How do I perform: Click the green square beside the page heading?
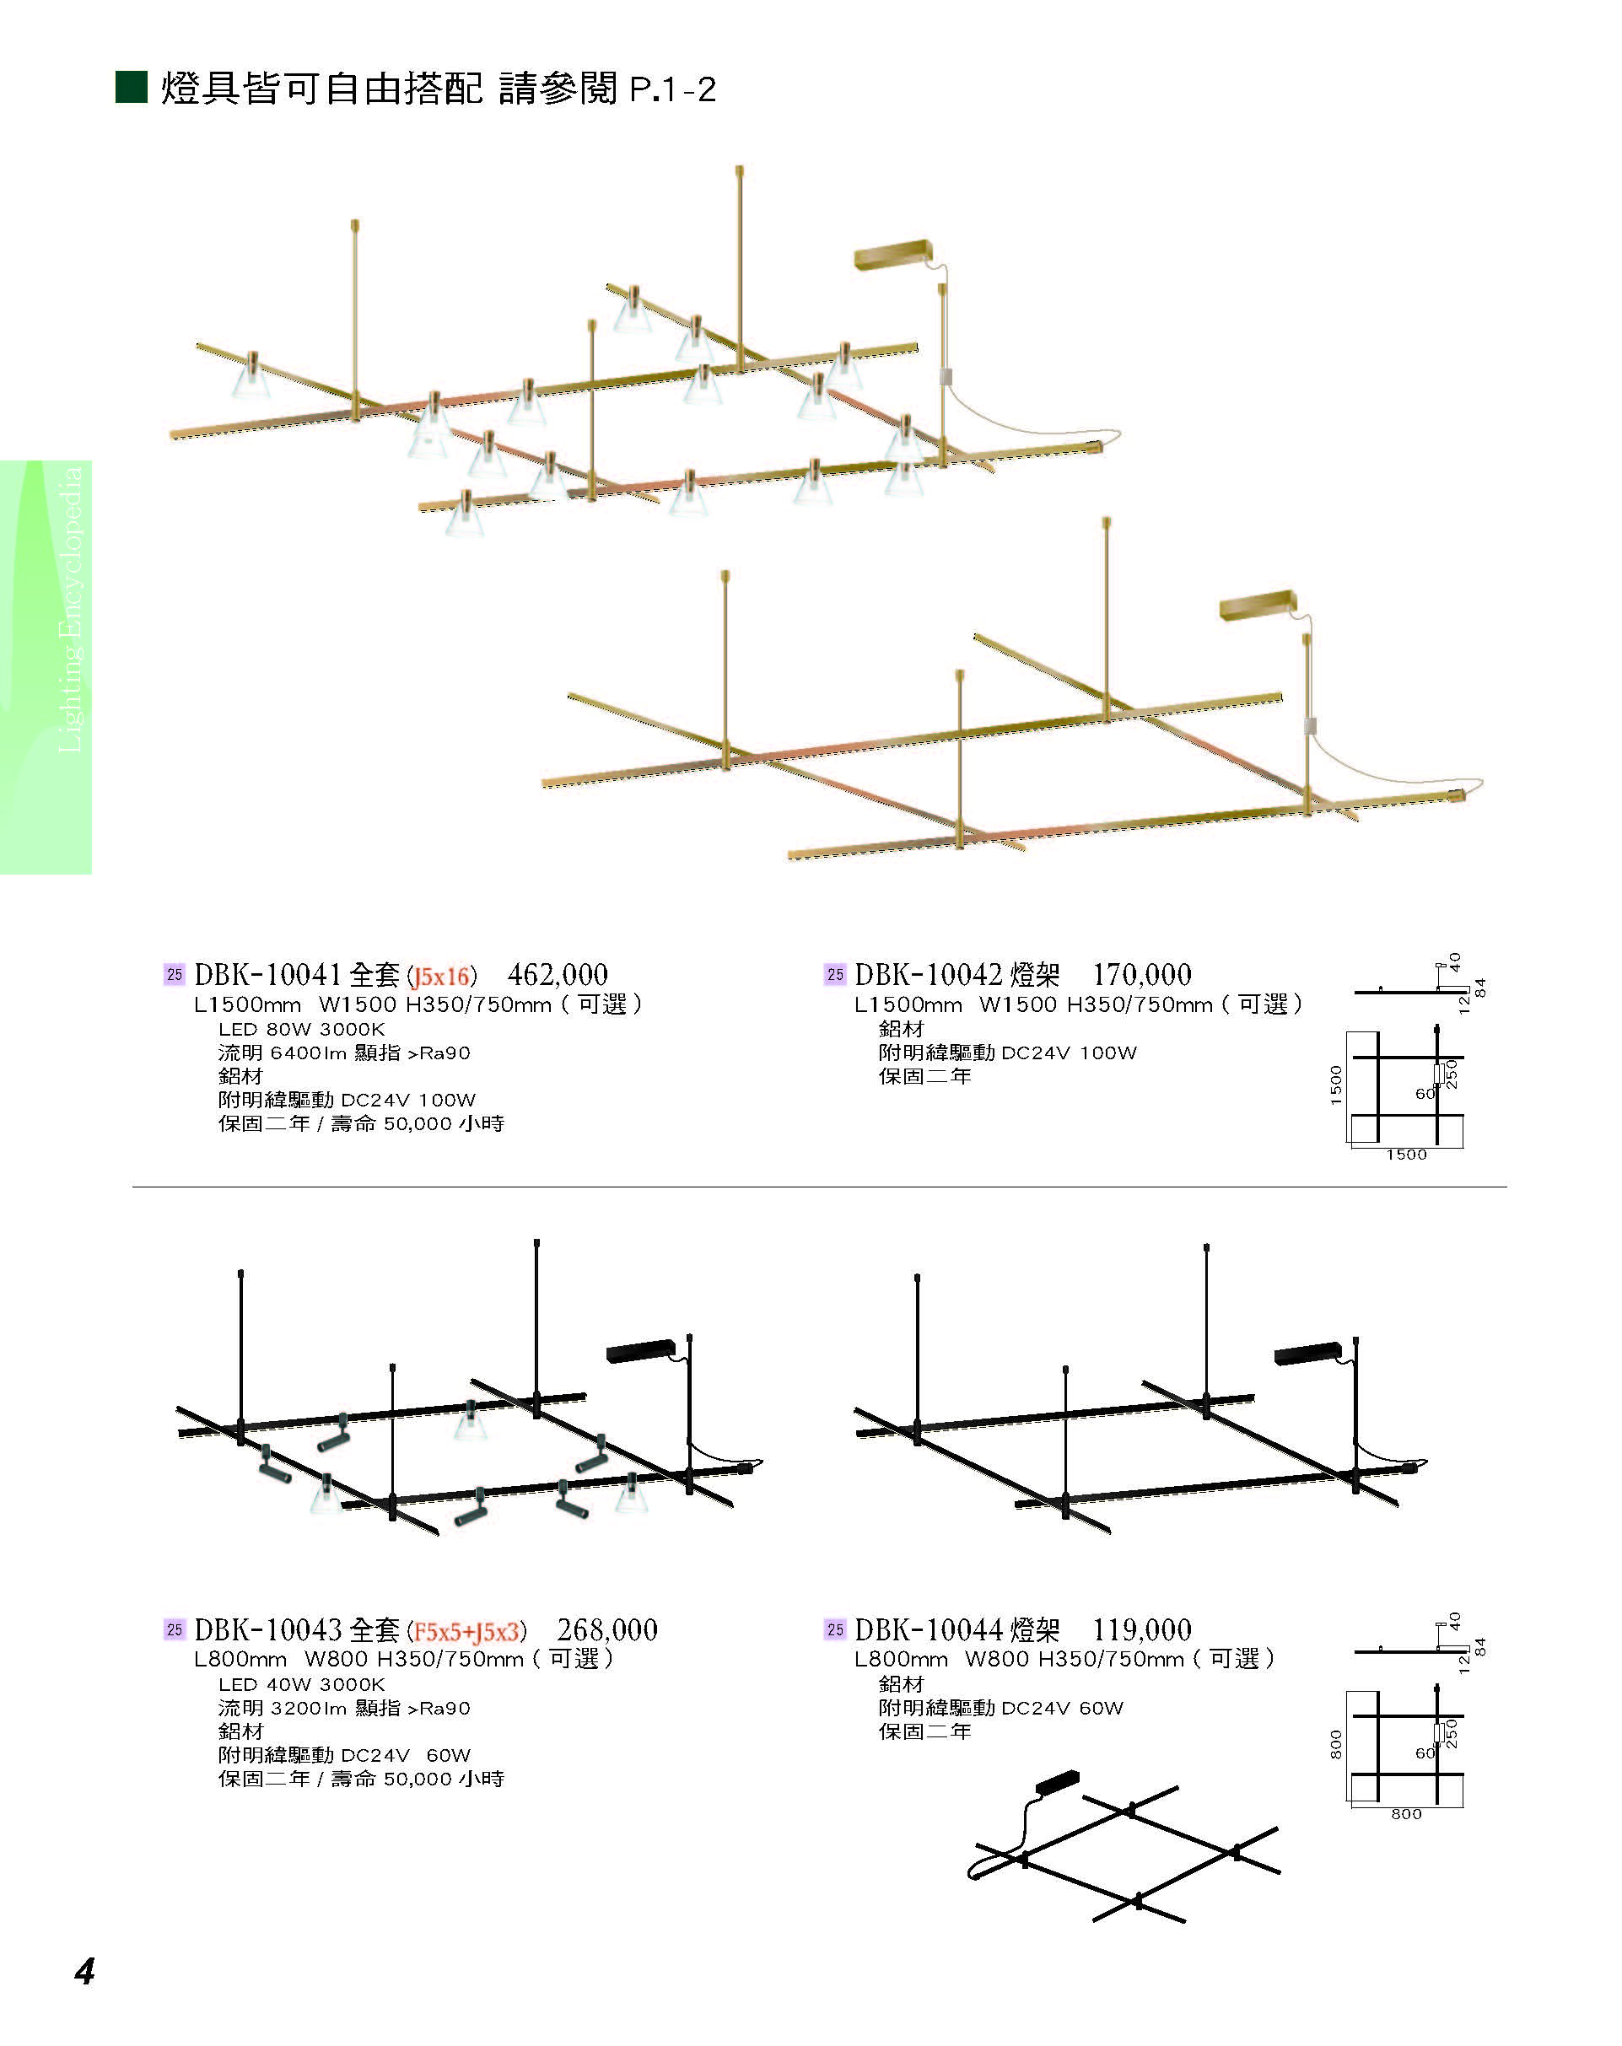(x=131, y=86)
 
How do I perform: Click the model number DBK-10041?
(x=267, y=975)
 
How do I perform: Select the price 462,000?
(x=558, y=975)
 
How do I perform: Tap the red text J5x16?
(x=441, y=977)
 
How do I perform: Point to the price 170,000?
(x=1141, y=975)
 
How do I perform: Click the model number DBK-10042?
(x=927, y=975)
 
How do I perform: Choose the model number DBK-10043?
(x=267, y=1630)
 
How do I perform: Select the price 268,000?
(x=606, y=1630)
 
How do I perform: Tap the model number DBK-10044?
(x=927, y=1630)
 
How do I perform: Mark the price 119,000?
(x=1141, y=1630)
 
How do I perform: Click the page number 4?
(x=84, y=1972)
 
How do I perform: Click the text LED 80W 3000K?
(x=301, y=1030)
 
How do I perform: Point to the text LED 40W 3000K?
(x=301, y=1684)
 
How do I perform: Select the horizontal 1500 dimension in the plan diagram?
(x=1405, y=1155)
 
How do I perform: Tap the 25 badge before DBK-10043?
(x=174, y=1630)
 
